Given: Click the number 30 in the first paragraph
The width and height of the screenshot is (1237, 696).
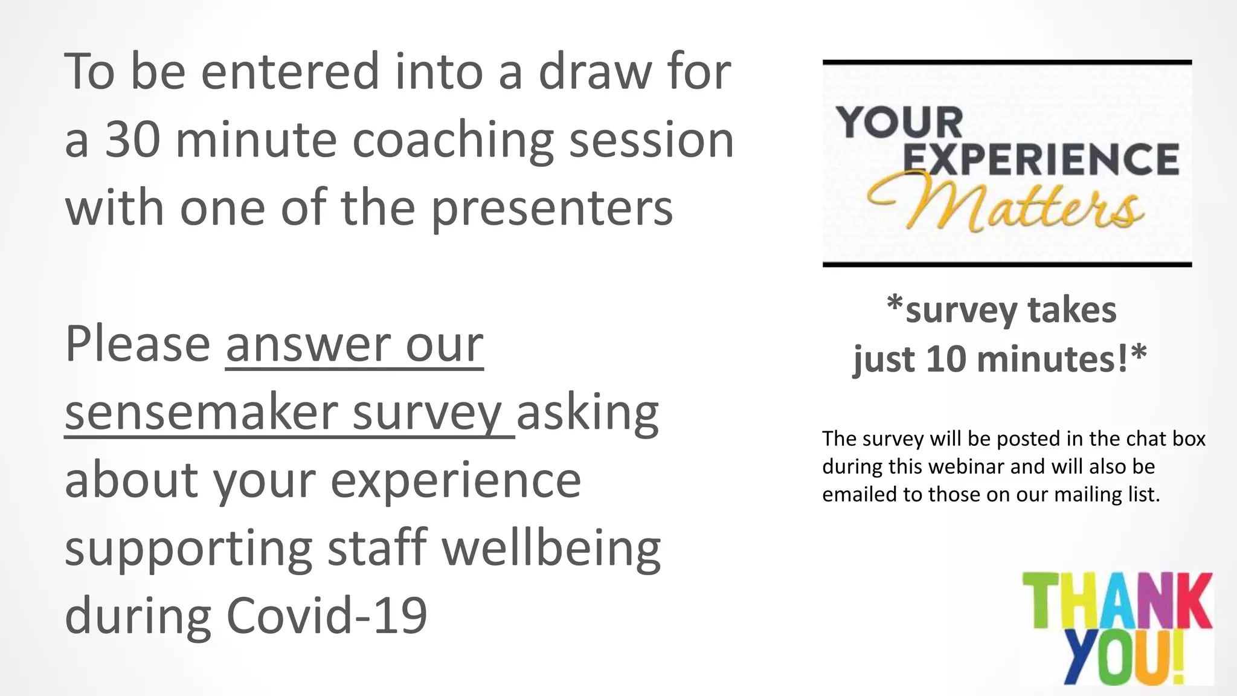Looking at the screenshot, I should tap(132, 140).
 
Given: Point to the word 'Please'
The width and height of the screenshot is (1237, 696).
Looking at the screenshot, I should tap(138, 344).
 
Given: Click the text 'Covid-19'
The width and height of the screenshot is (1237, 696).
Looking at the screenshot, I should tap(327, 616).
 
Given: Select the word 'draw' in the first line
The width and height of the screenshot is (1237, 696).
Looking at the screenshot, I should tap(595, 72).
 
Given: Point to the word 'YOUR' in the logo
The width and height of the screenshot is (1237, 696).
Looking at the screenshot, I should tap(900, 122).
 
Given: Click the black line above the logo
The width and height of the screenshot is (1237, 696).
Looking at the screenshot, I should tap(1007, 62).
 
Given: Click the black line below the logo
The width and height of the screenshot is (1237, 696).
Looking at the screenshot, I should tap(1007, 265).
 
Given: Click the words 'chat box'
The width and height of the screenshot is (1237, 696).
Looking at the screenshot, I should tap(1160, 439).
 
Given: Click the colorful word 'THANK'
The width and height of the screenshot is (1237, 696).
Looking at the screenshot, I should tap(1117, 602).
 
